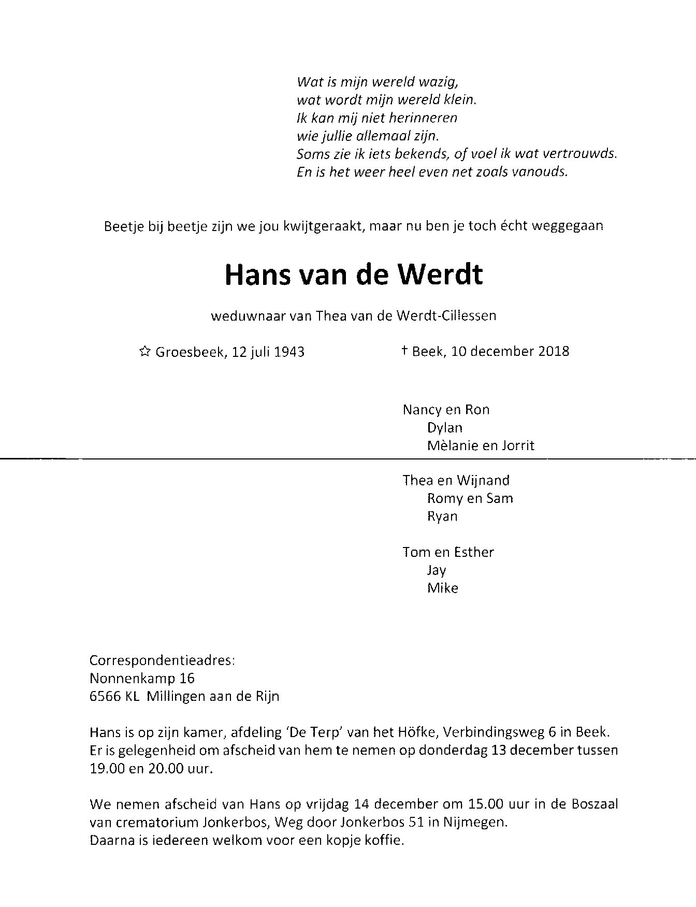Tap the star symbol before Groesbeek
tap(145, 352)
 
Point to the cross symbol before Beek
tap(404, 351)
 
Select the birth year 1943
tap(289, 352)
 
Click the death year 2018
tap(554, 351)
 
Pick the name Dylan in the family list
tap(444, 428)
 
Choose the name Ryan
tap(442, 516)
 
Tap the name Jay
tap(436, 570)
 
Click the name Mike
tap(442, 588)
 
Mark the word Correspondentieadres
tap(162, 661)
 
